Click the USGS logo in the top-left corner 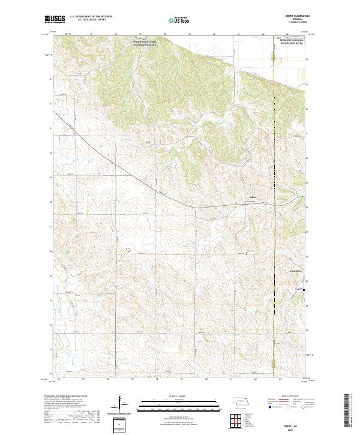[55, 20]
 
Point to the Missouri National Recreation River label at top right [292, 43]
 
